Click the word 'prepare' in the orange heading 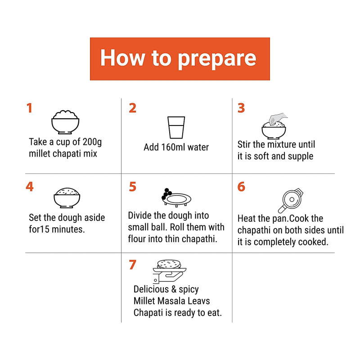[217, 59]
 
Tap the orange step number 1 [29, 108]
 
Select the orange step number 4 [30, 186]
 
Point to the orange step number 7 [133, 265]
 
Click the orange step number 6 [241, 186]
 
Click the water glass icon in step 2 [176, 127]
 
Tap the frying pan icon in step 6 [290, 201]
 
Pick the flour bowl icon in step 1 [65, 122]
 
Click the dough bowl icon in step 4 [67, 198]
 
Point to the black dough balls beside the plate [166, 194]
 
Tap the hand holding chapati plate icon [170, 272]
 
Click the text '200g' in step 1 [92, 142]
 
